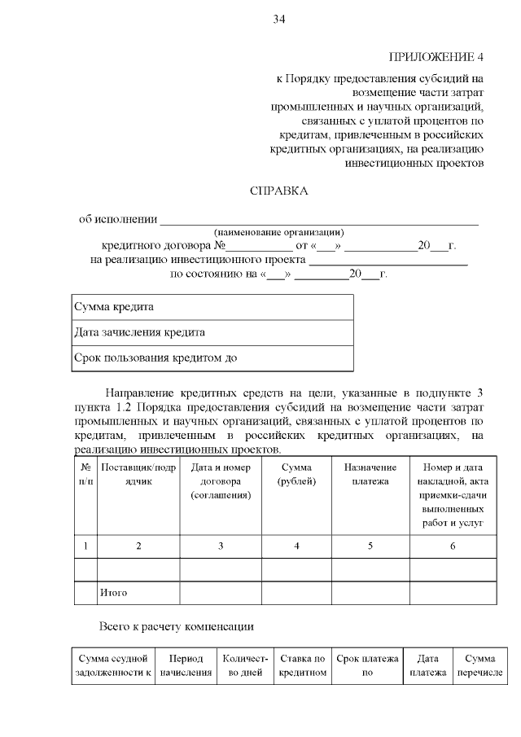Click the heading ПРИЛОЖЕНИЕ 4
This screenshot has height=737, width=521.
click(x=437, y=57)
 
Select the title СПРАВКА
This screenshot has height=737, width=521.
click(x=278, y=191)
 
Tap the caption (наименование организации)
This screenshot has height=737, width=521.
click(x=278, y=233)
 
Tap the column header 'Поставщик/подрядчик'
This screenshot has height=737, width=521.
click(x=138, y=474)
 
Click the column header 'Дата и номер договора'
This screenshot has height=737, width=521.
click(x=220, y=480)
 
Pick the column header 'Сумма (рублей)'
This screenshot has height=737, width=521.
click(x=296, y=474)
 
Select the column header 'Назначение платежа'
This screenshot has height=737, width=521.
click(x=370, y=474)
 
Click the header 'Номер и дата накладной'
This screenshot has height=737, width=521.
click(x=453, y=494)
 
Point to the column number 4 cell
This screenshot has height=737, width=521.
click(x=296, y=546)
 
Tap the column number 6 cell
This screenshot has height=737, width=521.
click(x=453, y=546)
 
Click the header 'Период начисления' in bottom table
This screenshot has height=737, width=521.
click(x=186, y=665)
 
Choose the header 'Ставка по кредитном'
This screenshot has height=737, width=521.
click(x=302, y=665)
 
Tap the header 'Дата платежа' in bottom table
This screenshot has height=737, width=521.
click(x=427, y=665)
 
